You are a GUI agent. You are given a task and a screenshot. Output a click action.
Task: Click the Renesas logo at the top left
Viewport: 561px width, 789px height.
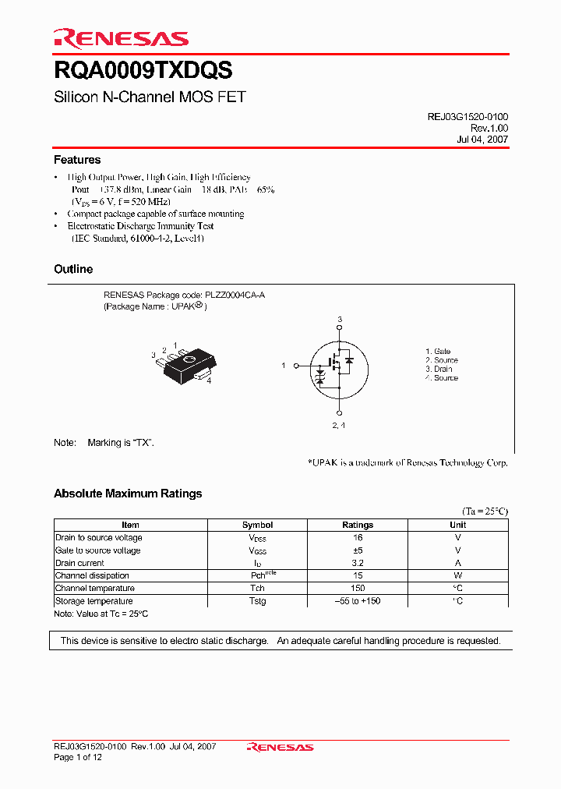121,38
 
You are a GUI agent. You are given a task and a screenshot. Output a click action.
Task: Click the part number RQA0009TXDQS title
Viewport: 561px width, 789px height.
143,71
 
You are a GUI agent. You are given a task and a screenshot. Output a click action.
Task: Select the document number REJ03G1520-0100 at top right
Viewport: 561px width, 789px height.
467,116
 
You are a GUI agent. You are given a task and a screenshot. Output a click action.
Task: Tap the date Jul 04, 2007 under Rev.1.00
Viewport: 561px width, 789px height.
482,140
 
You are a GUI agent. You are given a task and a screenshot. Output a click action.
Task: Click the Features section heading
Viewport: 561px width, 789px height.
77,160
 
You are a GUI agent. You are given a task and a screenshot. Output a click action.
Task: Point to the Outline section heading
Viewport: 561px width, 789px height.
73,269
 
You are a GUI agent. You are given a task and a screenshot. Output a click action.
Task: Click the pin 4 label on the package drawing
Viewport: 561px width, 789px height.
209,381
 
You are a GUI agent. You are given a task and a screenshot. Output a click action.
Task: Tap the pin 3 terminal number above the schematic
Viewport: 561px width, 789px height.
340,320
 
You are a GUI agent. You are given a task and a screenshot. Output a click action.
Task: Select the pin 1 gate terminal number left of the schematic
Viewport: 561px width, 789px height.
284,365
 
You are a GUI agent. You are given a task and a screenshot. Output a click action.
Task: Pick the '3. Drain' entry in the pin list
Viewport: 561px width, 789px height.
439,369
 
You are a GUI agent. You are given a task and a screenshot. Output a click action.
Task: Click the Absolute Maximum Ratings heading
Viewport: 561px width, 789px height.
128,494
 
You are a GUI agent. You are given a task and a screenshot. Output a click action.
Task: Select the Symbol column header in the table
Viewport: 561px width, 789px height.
258,525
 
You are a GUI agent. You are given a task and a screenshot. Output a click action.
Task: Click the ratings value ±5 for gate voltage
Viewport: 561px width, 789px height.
358,550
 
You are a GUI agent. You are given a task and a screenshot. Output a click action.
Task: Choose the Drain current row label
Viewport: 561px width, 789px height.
79,563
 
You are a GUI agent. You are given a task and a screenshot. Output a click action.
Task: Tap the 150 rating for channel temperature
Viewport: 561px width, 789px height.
358,589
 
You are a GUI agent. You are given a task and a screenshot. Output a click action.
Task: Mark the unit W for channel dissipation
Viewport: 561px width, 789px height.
458,575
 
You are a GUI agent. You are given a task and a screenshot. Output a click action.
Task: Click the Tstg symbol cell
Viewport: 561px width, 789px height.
258,601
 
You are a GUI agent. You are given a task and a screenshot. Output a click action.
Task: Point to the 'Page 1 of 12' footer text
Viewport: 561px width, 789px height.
78,757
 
